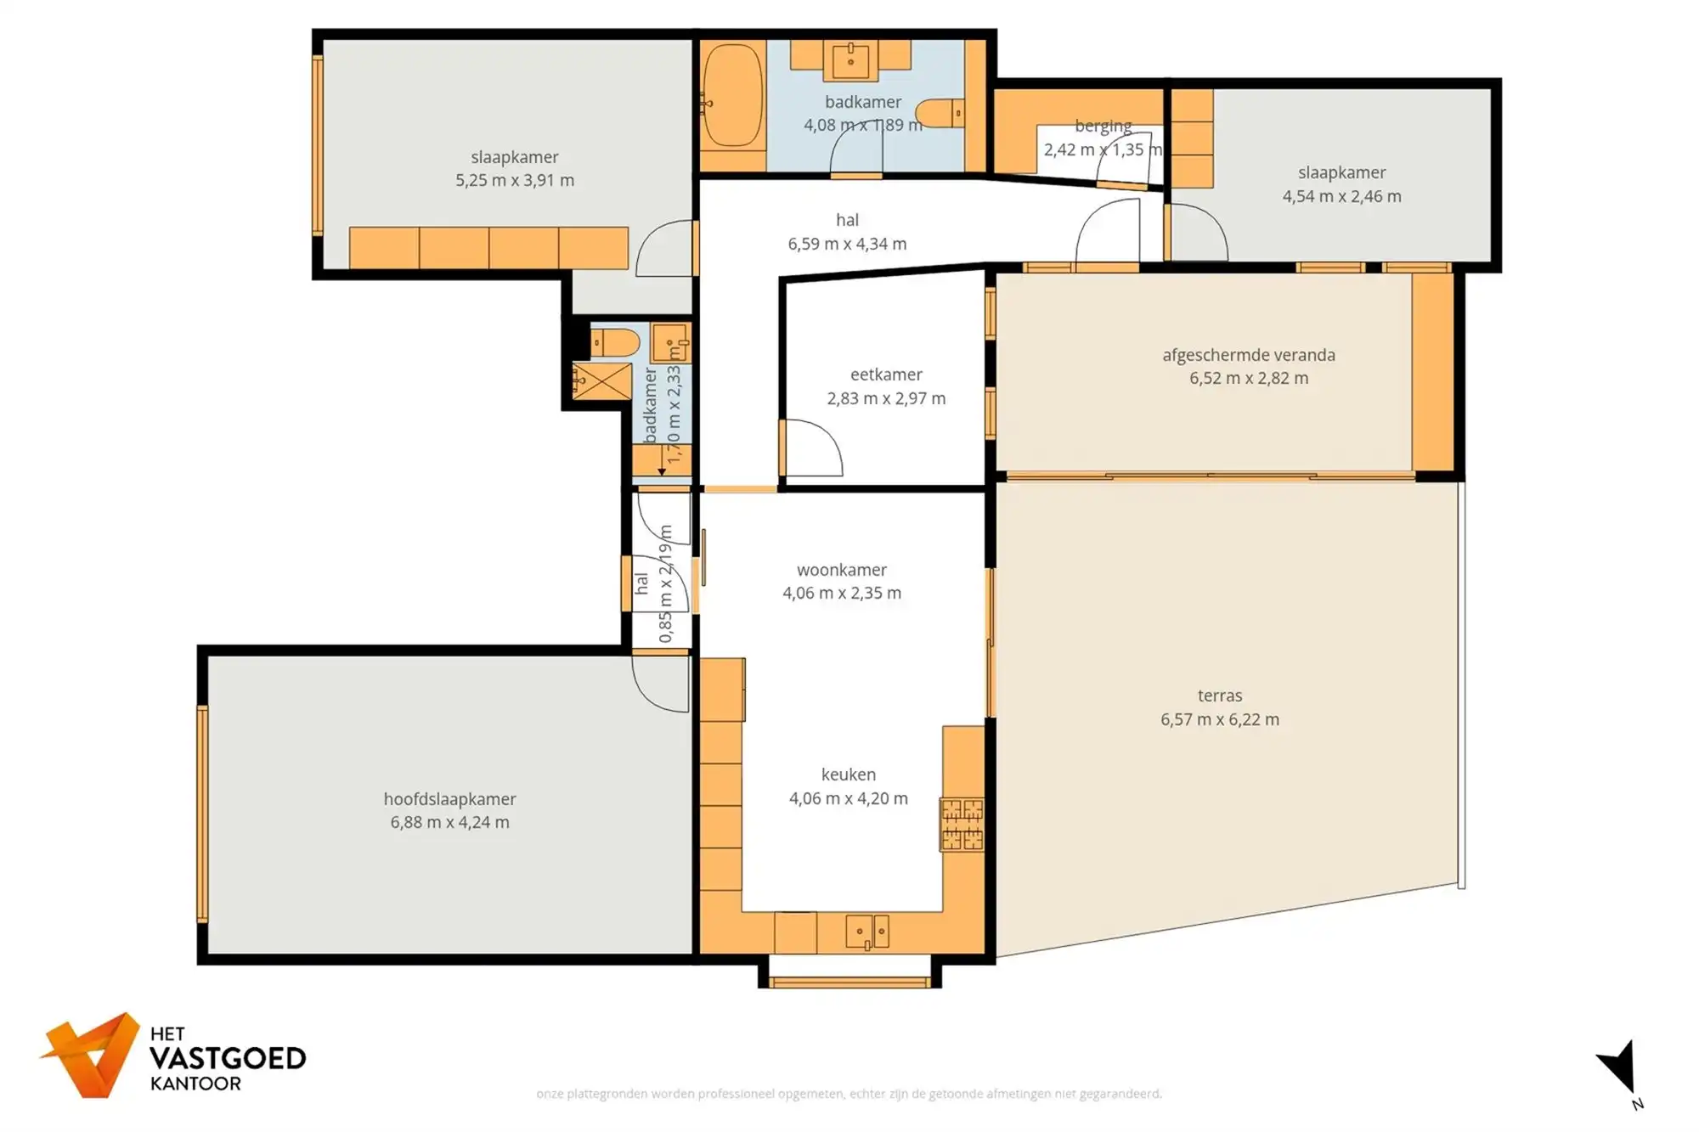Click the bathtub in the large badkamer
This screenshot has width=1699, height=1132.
click(x=732, y=96)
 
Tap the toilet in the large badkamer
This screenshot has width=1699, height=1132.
click(x=941, y=113)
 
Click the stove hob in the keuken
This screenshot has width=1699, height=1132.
click(x=962, y=824)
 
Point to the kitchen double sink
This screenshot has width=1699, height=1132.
click(x=867, y=932)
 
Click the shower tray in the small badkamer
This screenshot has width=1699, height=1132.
click(x=601, y=381)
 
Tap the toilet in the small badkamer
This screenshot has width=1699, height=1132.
click(x=614, y=343)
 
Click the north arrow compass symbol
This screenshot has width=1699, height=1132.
click(x=1622, y=1071)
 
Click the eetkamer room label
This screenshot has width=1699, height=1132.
click(x=886, y=375)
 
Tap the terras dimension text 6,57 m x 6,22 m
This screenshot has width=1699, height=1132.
click(x=1220, y=719)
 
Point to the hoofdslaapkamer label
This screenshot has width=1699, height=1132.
click(x=449, y=799)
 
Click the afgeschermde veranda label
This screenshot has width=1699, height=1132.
click(x=1249, y=355)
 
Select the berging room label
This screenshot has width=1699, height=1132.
click(x=1103, y=127)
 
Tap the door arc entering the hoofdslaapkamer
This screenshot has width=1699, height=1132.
click(x=661, y=684)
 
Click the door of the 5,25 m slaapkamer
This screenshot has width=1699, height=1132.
click(x=666, y=248)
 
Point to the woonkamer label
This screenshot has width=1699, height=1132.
click(x=842, y=570)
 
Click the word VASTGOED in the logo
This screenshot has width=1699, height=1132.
click(x=228, y=1059)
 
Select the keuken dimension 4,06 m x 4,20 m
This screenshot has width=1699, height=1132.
click(x=849, y=798)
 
